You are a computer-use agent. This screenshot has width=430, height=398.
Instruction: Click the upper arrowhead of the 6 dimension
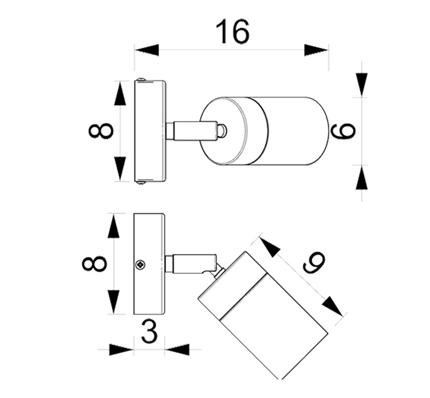click(x=362, y=85)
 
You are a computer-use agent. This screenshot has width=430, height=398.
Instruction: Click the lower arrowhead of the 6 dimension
click(x=362, y=177)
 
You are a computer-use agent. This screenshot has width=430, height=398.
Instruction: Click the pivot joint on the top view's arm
click(x=221, y=130)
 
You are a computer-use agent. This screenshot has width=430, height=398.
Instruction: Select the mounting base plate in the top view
click(x=149, y=131)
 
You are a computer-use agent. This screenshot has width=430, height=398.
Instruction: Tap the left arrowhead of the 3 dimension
click(x=121, y=350)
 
